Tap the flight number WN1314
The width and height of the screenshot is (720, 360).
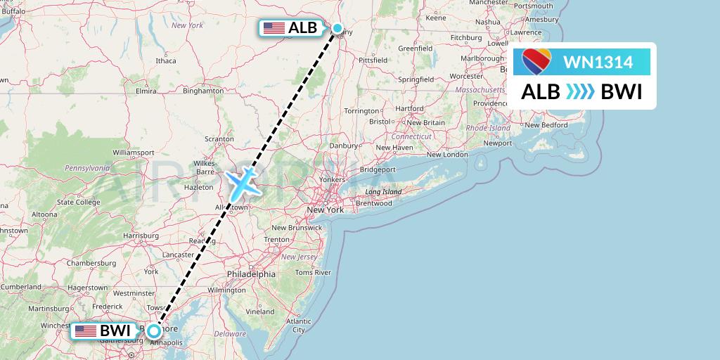pos(598,62)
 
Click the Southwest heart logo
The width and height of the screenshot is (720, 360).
pos(538,62)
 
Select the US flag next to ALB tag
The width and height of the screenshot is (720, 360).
pos(273,28)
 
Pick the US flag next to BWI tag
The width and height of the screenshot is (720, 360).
pos(86,330)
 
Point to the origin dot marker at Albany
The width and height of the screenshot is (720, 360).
pos(337,28)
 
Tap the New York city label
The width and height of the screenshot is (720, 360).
pos(325,210)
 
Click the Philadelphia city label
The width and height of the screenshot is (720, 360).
pos(251,274)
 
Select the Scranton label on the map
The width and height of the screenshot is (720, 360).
pos(218,139)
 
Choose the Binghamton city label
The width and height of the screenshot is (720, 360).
pos(202,91)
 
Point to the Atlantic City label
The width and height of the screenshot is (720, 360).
pos(299,325)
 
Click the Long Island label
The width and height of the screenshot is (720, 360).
pos(382,192)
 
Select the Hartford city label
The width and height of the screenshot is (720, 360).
pos(409,108)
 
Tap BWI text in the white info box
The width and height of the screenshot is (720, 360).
pos(622,92)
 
